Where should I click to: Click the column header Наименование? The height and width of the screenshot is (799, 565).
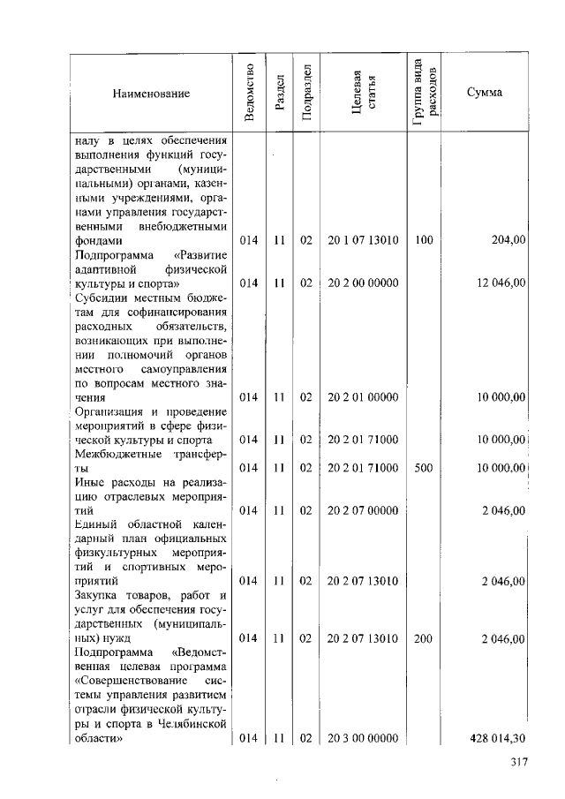tap(150, 93)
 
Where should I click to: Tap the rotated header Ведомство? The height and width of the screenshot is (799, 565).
tap(250, 93)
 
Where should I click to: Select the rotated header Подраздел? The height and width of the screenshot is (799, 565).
tap(305, 93)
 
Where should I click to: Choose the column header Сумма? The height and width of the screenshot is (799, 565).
tap(486, 93)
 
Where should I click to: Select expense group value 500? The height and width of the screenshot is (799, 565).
tap(423, 467)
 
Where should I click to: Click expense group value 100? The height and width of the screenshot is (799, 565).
tap(423, 239)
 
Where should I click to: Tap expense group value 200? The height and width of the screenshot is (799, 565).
tap(423, 637)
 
